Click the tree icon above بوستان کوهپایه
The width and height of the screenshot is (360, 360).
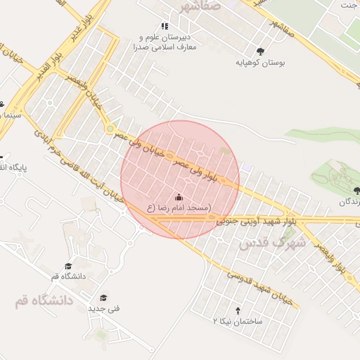[261, 51]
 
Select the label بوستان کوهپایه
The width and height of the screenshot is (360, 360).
[261, 63]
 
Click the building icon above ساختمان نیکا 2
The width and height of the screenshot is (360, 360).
[238, 310]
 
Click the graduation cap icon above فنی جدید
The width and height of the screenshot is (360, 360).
[103, 297]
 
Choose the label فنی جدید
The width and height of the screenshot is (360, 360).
[103, 309]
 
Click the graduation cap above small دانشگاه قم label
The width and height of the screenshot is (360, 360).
[68, 266]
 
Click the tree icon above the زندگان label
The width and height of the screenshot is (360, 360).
[356, 191]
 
